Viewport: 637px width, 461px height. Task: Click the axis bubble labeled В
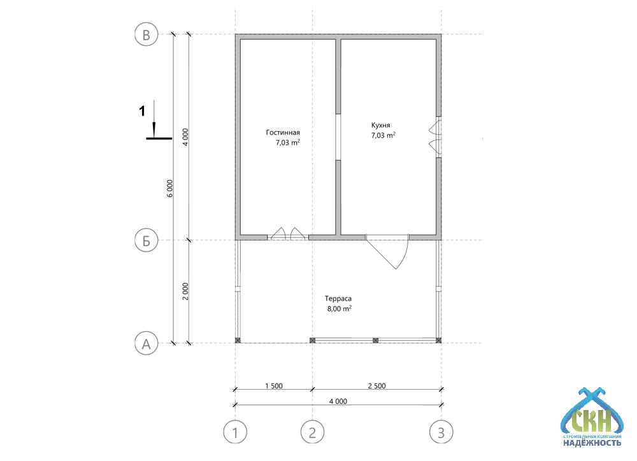[x=146, y=34]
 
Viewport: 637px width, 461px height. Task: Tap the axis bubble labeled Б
[x=146, y=241]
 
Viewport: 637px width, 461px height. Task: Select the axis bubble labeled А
[x=146, y=344]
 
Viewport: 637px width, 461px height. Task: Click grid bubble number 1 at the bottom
[x=235, y=432]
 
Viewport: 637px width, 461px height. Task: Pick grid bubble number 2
[x=312, y=432]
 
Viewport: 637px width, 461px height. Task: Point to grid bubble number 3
[x=441, y=432]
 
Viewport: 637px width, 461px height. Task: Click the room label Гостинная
[x=283, y=132]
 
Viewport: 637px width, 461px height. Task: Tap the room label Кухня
[x=381, y=125]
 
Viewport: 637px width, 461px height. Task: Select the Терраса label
[x=338, y=299]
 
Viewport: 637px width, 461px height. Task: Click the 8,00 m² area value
[x=340, y=309]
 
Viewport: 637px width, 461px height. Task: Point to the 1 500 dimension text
[x=274, y=386]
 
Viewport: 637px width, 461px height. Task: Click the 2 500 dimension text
[x=377, y=386]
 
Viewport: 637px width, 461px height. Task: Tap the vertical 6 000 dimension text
[x=170, y=188]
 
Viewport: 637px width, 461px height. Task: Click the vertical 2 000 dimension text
[x=185, y=291]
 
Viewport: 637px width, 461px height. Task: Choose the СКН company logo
[x=592, y=416]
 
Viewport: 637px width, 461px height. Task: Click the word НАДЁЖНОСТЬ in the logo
[x=592, y=443]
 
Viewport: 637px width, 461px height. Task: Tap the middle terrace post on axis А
[x=375, y=341]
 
